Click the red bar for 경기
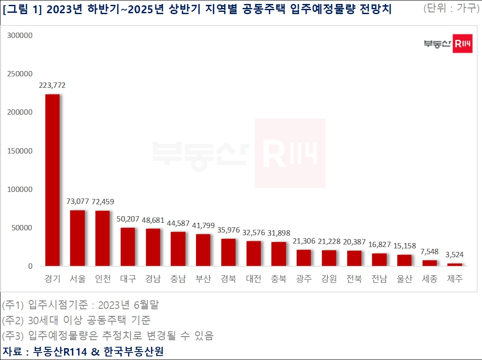(x=53, y=180)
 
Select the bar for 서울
(x=78, y=238)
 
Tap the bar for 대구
(x=128, y=247)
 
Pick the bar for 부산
(x=203, y=250)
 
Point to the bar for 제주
(x=455, y=265)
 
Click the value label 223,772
(x=53, y=85)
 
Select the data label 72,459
(x=103, y=202)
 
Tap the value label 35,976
(x=229, y=230)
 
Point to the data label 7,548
(x=429, y=251)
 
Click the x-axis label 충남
(x=178, y=279)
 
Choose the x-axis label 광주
(x=304, y=279)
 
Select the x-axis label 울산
(x=404, y=279)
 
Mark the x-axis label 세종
(x=429, y=279)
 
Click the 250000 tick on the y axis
(x=20, y=74)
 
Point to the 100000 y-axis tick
(x=20, y=189)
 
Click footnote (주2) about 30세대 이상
(x=76, y=320)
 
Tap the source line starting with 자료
(x=83, y=352)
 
